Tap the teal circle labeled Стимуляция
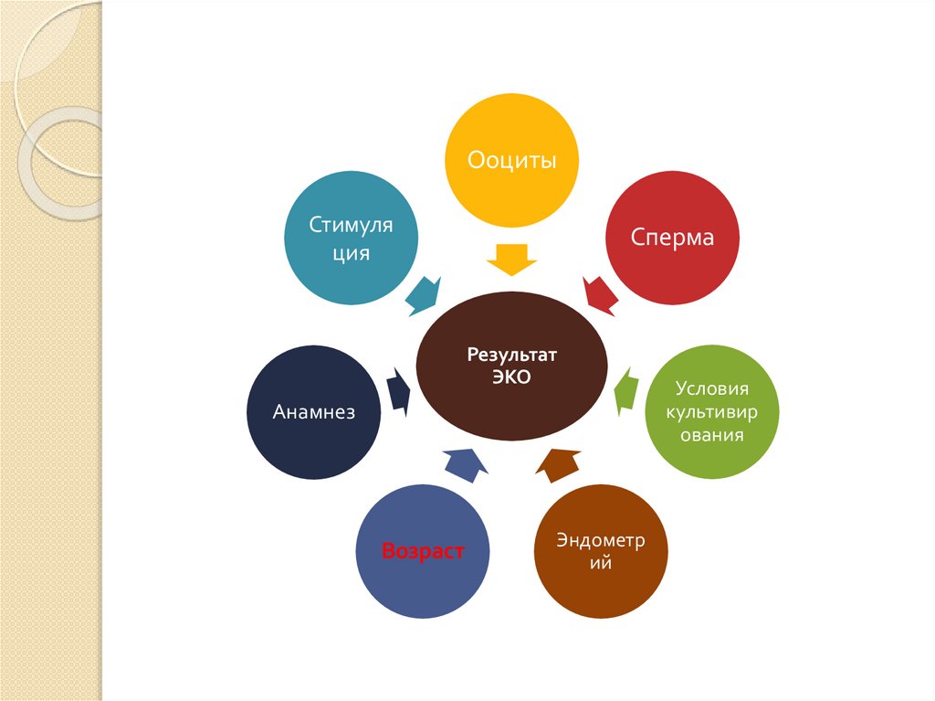pyautogui.click(x=352, y=238)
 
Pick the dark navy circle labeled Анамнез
pyautogui.click(x=313, y=412)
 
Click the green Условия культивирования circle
pyautogui.click(x=713, y=412)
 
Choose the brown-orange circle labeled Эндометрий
pyautogui.click(x=601, y=552)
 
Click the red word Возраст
pyautogui.click(x=423, y=552)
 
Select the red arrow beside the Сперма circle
pyautogui.click(x=599, y=293)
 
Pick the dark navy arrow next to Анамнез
pyautogui.click(x=398, y=392)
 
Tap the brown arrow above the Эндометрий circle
pyautogui.click(x=557, y=464)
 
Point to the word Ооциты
pyautogui.click(x=511, y=161)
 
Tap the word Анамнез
pyautogui.click(x=313, y=412)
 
